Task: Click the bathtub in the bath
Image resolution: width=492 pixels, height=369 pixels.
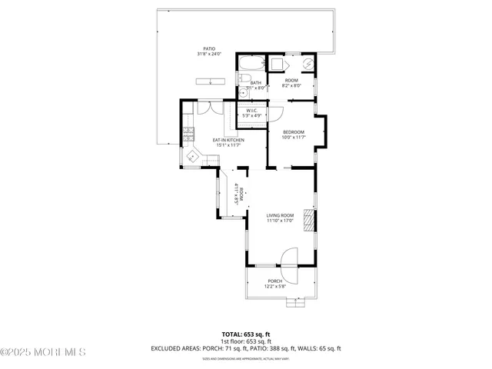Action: click(x=251, y=63)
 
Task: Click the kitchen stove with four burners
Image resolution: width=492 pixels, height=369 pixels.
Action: click(x=189, y=138)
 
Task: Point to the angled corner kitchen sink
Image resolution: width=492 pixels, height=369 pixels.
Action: click(x=194, y=157)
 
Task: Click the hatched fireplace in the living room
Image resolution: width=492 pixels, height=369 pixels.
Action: click(x=309, y=220)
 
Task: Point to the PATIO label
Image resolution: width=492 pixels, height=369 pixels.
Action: click(x=209, y=48)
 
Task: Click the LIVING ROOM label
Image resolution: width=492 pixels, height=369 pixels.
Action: click(x=281, y=214)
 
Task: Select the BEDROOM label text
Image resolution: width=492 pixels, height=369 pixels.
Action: click(x=294, y=131)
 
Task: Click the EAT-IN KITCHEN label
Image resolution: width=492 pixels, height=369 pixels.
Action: click(x=229, y=140)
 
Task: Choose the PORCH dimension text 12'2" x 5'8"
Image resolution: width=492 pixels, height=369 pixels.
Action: click(x=274, y=287)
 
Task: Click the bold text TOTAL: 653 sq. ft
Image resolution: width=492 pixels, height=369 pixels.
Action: click(x=246, y=334)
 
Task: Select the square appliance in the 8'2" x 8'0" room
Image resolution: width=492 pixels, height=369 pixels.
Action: click(x=276, y=64)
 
